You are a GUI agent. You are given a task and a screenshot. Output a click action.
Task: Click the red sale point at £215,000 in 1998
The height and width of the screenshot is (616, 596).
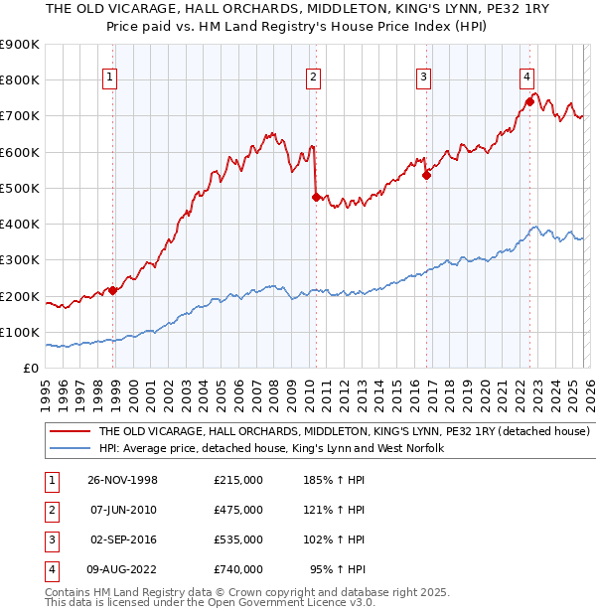113,290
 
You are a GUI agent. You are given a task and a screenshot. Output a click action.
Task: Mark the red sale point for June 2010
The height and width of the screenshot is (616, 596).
316,197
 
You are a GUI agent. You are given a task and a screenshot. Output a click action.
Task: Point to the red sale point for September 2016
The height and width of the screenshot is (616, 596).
426,175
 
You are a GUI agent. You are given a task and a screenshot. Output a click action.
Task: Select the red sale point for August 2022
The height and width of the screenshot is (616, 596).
530,101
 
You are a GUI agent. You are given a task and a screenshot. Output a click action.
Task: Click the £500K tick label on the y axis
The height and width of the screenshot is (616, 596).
20,188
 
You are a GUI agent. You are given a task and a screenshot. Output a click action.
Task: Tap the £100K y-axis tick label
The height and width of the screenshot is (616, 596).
20,332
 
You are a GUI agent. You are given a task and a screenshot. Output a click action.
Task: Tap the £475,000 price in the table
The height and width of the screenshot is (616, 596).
237,510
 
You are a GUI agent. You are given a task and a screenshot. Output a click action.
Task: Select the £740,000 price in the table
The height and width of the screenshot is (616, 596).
237,569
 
